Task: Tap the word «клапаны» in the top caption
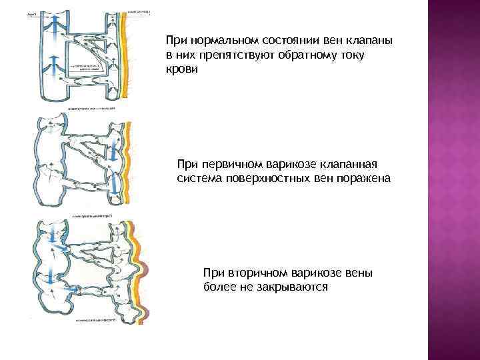369,41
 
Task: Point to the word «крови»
182,69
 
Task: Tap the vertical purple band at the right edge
453,180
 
